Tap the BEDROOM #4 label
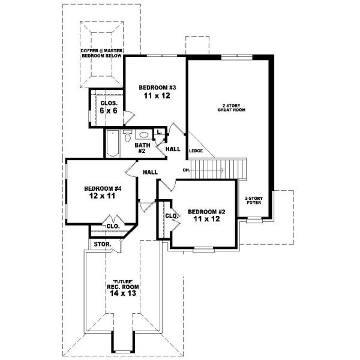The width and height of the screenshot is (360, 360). tap(99, 187)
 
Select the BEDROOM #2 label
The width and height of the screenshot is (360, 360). tap(206, 212)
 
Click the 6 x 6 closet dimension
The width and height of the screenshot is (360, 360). tap(109, 111)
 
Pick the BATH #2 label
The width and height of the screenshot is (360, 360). tap(142, 148)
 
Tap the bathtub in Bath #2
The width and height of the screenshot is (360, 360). tap(113, 144)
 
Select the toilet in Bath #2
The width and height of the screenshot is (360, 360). tap(127, 137)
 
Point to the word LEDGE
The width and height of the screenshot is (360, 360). tap(196, 151)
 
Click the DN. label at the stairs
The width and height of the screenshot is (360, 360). tap(187, 170)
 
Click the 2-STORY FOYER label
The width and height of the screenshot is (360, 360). tap(254, 200)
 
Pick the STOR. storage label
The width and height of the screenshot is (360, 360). tap(100, 245)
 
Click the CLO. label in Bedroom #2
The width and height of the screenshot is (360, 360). tap(170, 215)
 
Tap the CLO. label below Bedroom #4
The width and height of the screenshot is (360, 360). tap(112, 226)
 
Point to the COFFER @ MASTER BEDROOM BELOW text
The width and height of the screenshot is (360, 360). tap(101, 53)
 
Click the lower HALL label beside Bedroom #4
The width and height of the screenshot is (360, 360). tap(150, 172)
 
